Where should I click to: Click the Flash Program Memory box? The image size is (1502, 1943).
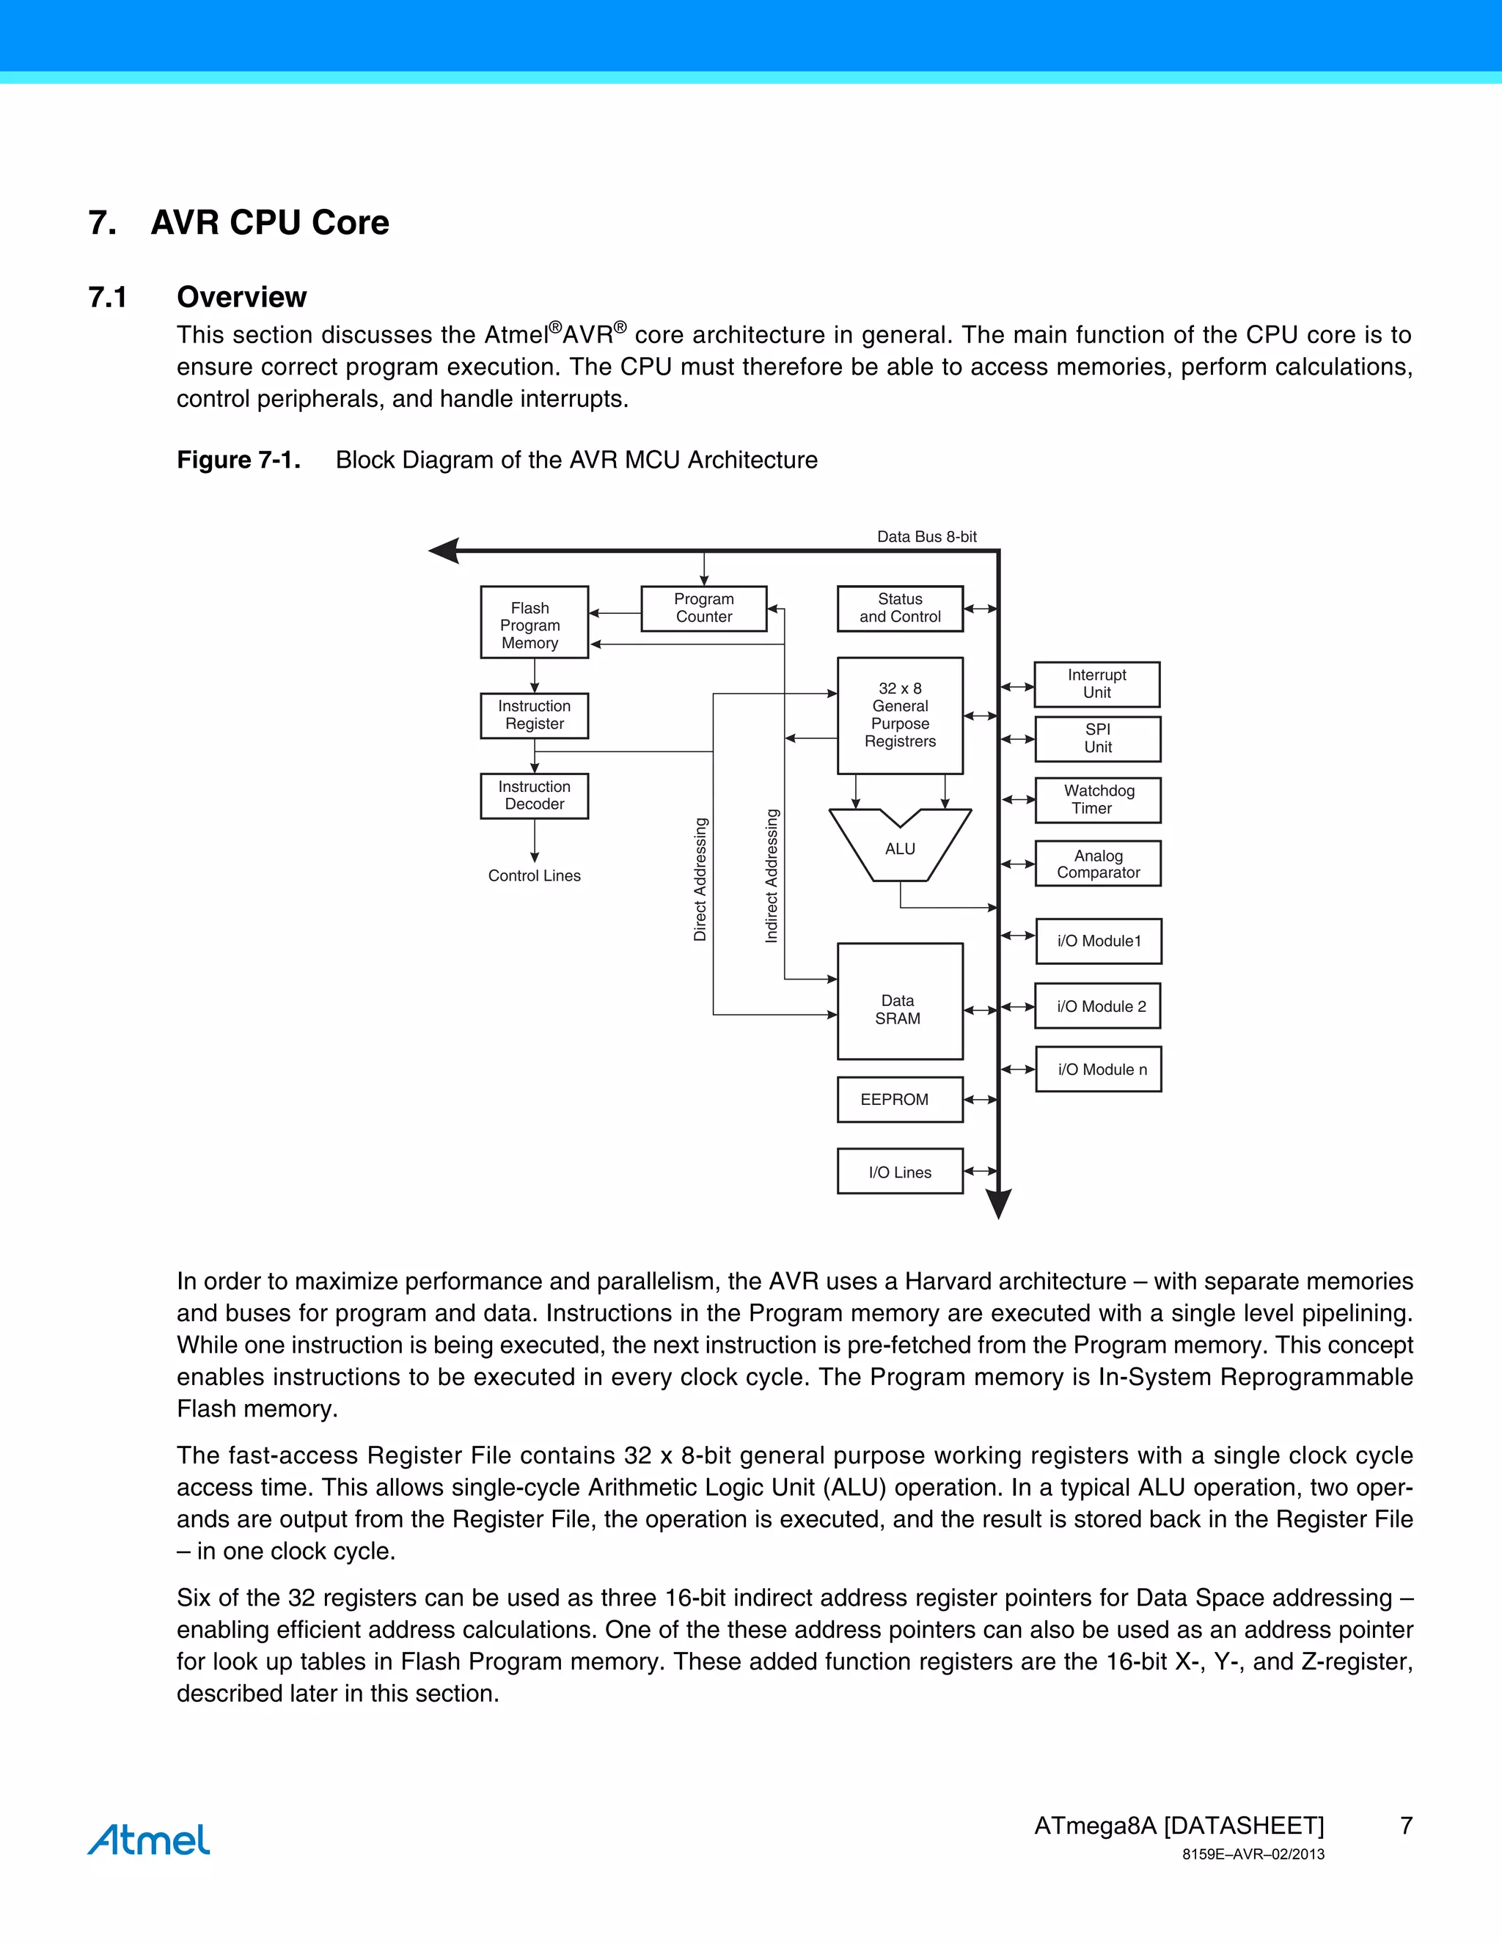[x=534, y=622]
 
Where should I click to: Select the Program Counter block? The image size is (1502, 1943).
[x=704, y=609]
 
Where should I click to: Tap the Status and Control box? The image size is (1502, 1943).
[x=900, y=609]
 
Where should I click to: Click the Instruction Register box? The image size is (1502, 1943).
[x=534, y=716]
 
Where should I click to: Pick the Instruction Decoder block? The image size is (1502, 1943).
[x=534, y=796]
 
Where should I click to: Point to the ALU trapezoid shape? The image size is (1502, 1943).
[x=900, y=850]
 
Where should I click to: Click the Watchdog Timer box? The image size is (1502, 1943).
[x=1098, y=800]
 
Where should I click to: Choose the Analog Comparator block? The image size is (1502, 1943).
[x=1098, y=864]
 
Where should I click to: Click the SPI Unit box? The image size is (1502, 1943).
[x=1098, y=738]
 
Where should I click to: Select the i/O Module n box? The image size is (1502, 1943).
[x=1098, y=1069]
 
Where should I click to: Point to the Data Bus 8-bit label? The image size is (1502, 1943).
[x=926, y=537]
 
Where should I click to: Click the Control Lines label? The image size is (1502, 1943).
[x=534, y=875]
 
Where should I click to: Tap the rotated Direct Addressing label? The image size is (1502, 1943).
[x=700, y=879]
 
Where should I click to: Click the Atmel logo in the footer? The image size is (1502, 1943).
[x=149, y=1840]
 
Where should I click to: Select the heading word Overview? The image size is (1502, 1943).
[x=241, y=296]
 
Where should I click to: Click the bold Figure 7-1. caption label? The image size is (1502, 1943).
[x=238, y=460]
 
